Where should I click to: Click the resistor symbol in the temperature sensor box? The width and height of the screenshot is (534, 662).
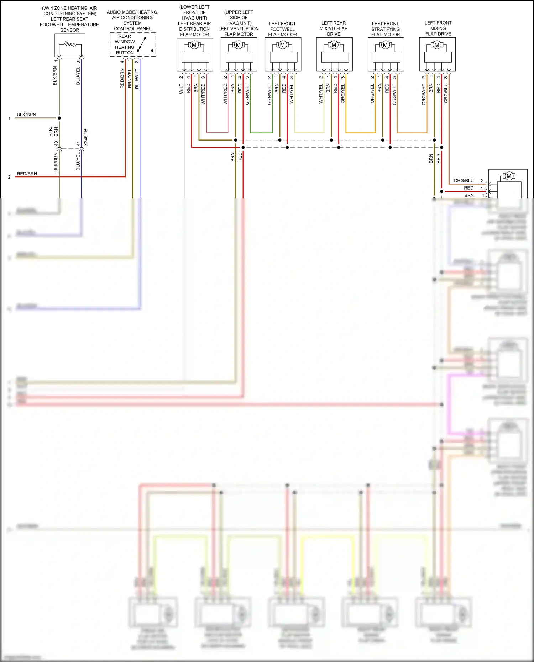coord(70,45)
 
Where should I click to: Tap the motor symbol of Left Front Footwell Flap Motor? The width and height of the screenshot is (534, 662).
coord(283,45)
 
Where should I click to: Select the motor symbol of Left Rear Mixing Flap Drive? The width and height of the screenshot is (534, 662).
coord(334,45)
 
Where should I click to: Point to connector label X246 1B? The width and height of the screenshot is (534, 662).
coord(86,138)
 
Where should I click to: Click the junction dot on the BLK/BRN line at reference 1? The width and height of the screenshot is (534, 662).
coord(59,118)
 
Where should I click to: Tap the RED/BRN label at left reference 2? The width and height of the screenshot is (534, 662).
coord(27,174)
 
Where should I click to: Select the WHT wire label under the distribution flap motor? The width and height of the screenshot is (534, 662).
coord(181,89)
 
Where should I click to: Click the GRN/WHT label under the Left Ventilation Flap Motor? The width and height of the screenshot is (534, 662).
coord(247,94)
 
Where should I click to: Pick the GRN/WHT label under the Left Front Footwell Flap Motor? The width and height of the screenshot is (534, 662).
coord(269,94)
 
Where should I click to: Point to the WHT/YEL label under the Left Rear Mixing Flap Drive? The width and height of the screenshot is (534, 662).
coord(321,94)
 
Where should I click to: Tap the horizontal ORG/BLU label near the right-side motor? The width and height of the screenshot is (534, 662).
coord(464,181)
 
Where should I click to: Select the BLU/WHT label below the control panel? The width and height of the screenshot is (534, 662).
coord(137,79)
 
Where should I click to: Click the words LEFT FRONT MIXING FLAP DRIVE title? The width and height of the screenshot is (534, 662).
coord(438,28)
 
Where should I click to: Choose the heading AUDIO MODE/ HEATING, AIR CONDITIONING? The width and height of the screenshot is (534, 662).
coord(132,15)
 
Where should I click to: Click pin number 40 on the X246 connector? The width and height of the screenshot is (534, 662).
coord(56,143)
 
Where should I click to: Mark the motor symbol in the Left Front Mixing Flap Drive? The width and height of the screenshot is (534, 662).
coord(437,45)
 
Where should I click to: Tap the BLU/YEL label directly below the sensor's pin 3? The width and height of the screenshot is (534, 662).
coord(78,76)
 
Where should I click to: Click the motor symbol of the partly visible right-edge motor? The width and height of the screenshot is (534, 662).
coord(509,176)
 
